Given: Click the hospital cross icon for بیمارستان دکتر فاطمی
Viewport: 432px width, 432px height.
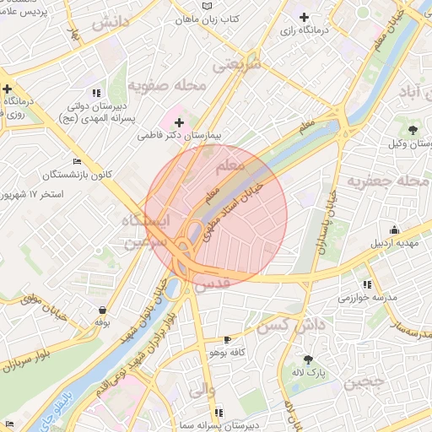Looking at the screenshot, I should point(179,122).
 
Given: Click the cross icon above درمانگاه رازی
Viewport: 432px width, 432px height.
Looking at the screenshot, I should point(304,17).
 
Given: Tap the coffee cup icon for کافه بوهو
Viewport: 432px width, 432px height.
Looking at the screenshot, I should point(226,339).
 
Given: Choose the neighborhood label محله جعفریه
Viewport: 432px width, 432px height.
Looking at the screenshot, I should point(390,181).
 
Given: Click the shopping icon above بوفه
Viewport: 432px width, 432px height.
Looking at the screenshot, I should point(102,310).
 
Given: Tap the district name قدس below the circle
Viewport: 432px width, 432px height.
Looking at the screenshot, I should point(212,286).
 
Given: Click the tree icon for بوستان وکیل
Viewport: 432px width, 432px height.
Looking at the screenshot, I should point(413,129).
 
